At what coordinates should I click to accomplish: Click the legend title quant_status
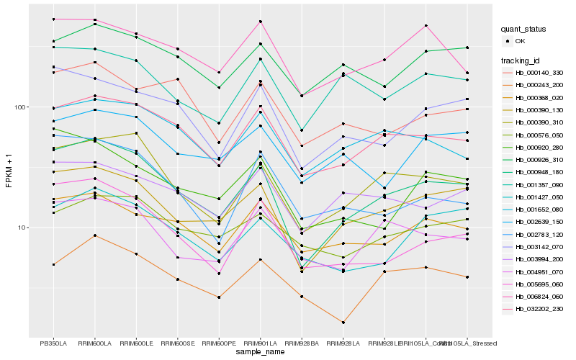tap(524, 30)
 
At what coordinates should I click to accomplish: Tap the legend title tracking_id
tap(521, 60)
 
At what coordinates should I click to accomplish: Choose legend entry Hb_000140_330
tap(538, 73)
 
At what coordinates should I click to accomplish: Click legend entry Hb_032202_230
tap(538, 308)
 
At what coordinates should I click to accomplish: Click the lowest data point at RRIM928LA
tap(343, 323)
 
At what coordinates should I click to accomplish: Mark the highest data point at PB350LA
tap(53, 19)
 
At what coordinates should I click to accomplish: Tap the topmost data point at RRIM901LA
tap(260, 22)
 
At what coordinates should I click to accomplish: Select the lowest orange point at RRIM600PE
tap(219, 297)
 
